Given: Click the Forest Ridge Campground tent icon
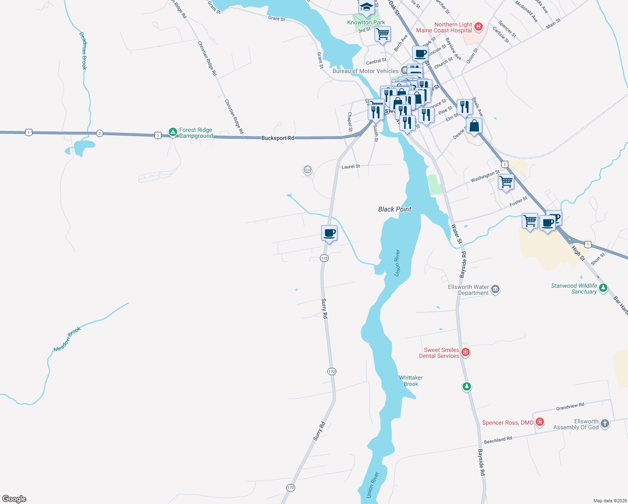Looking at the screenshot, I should pos(173,132).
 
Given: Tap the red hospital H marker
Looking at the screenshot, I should pos(478,28).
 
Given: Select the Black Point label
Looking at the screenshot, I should pos(395,209).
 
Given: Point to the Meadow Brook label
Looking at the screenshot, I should pos(67,339).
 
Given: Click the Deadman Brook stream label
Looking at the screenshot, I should pos(84,50).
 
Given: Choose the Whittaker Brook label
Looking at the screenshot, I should pos(411,381).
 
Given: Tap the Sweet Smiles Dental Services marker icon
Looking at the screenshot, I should pos(465,352).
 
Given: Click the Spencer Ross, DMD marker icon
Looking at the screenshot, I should pos(540,422).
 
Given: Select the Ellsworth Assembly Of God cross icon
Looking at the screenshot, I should pos(604,423).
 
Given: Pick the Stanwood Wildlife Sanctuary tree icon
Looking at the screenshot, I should pos(603,288).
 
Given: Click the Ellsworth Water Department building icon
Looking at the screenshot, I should pos(495,289).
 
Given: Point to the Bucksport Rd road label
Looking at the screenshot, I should pos(277,138).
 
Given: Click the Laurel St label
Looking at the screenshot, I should pos(351,167).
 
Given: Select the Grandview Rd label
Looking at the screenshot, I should pos(570,407).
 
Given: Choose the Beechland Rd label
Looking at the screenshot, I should pos(498,440).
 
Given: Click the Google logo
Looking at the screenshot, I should pos(14,499).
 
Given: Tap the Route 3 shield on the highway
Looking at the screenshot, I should pos(99,134).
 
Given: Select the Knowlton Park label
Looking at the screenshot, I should pos(366,22).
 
